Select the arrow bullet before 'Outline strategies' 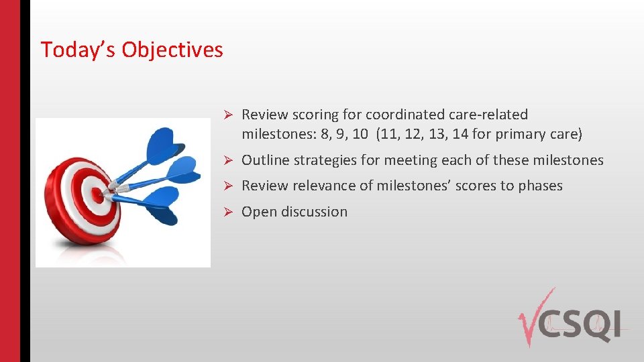point(228,160)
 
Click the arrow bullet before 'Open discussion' point(228,212)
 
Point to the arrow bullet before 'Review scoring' point(228,115)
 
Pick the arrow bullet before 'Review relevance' point(228,186)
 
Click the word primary point(517,135)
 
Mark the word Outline point(266,160)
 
